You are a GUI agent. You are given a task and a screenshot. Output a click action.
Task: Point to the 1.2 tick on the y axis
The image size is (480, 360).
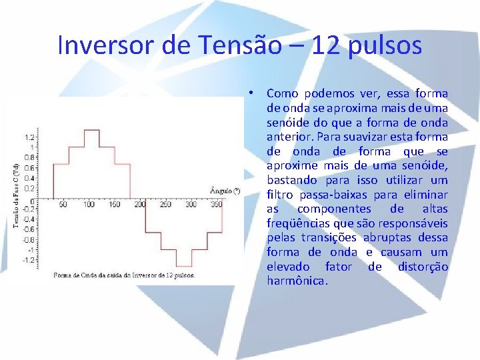pyautogui.click(x=29, y=136)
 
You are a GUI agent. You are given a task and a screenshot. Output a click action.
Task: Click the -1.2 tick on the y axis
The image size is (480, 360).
pyautogui.click(x=29, y=260)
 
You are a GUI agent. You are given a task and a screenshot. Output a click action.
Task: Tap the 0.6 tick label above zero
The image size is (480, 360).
pyautogui.click(x=29, y=168)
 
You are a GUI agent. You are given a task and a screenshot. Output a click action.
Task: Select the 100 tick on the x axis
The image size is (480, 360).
pyautogui.click(x=89, y=205)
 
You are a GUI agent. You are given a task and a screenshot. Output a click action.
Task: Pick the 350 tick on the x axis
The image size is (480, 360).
pyautogui.click(x=216, y=205)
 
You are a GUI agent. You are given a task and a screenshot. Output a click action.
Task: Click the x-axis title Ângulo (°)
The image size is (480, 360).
pyautogui.click(x=225, y=191)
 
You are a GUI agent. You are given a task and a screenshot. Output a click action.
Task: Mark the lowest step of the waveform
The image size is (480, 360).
pyautogui.click(x=185, y=266)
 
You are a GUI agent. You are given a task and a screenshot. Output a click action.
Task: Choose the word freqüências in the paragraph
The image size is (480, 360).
pyautogui.click(x=295, y=223)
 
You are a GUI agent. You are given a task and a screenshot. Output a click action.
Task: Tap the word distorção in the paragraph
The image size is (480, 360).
pyautogui.click(x=423, y=267)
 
